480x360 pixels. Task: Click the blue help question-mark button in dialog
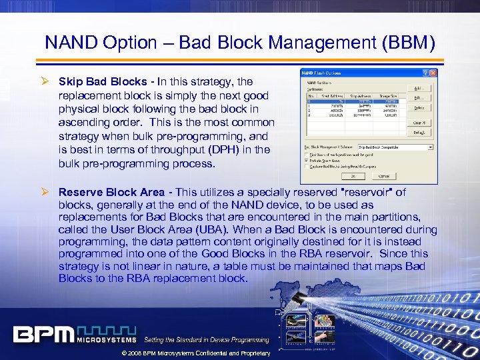click(425, 73)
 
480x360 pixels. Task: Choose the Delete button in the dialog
click(418, 107)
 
